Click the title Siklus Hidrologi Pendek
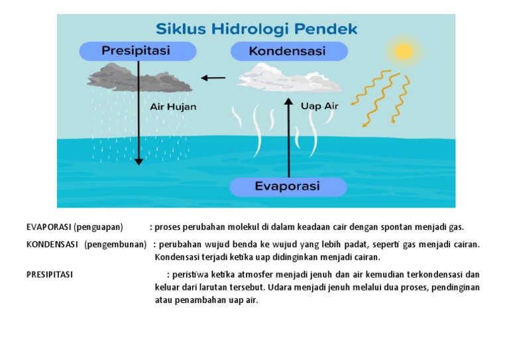(x=256, y=29)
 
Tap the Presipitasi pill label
(x=136, y=50)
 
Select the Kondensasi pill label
(x=288, y=51)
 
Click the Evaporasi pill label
(x=288, y=186)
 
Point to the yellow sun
(x=402, y=51)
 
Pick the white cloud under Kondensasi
(x=290, y=78)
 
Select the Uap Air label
(x=319, y=105)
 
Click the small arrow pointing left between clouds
(x=213, y=78)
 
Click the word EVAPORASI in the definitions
(x=48, y=227)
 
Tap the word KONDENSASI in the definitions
(x=52, y=244)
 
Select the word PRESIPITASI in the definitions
(x=50, y=274)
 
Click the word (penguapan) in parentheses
(x=98, y=227)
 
